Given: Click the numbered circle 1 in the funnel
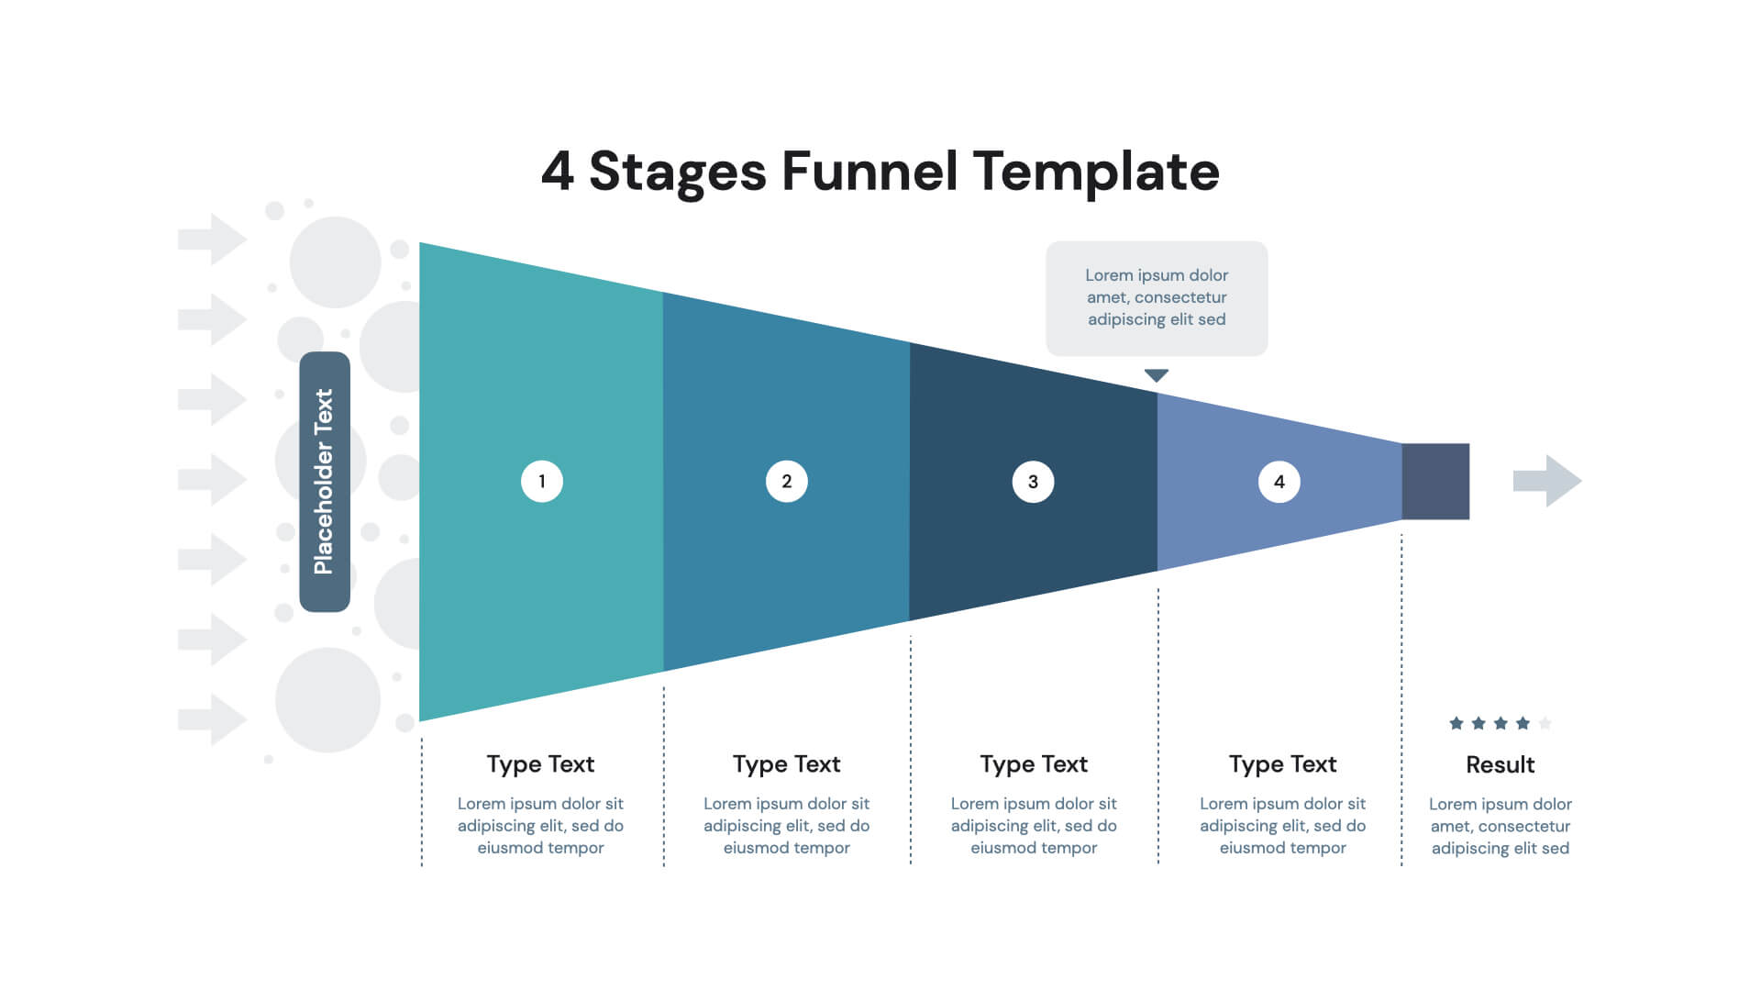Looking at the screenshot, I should pos(541,481).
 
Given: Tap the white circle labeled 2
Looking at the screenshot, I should pos(786,481).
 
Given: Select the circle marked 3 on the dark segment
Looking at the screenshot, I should pos(1033,482).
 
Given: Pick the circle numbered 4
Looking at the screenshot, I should pos(1279,482).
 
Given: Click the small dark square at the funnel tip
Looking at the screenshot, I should pos(1435,482).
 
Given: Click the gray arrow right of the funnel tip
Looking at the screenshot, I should pos(1547,481).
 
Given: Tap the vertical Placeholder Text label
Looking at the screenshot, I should pos(325,482).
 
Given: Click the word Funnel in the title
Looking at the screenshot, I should pos(869,172).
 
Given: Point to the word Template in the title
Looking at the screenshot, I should pos(1096,172).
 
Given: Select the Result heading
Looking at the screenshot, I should pos(1500,764).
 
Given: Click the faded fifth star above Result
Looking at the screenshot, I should pos(1545,723).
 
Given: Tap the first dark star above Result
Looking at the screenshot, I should pos(1456,723).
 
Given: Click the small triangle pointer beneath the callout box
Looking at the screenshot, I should pos(1157,375).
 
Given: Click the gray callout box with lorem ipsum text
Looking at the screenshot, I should pos(1157,298).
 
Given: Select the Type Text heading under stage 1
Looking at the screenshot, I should pos(540,764).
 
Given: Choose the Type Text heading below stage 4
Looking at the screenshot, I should pos(1282,764).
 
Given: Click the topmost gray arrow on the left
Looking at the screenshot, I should pos(213,239).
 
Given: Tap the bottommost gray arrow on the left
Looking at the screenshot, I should pos(213,719).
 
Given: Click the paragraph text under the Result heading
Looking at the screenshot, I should pos(1500,826).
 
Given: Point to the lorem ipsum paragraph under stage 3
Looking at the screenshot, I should pos(1034,826).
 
